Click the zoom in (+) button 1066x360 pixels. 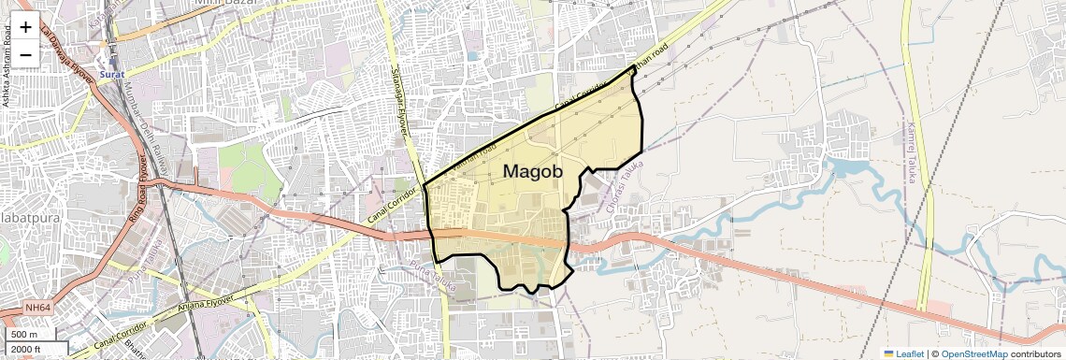click(25, 27)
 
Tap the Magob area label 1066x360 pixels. click(532, 171)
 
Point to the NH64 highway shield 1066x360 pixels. click(38, 308)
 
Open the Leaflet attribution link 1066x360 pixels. click(902, 353)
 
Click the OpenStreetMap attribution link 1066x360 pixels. click(974, 353)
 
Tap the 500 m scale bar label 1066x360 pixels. click(24, 334)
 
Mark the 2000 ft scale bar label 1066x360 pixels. click(26, 349)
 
